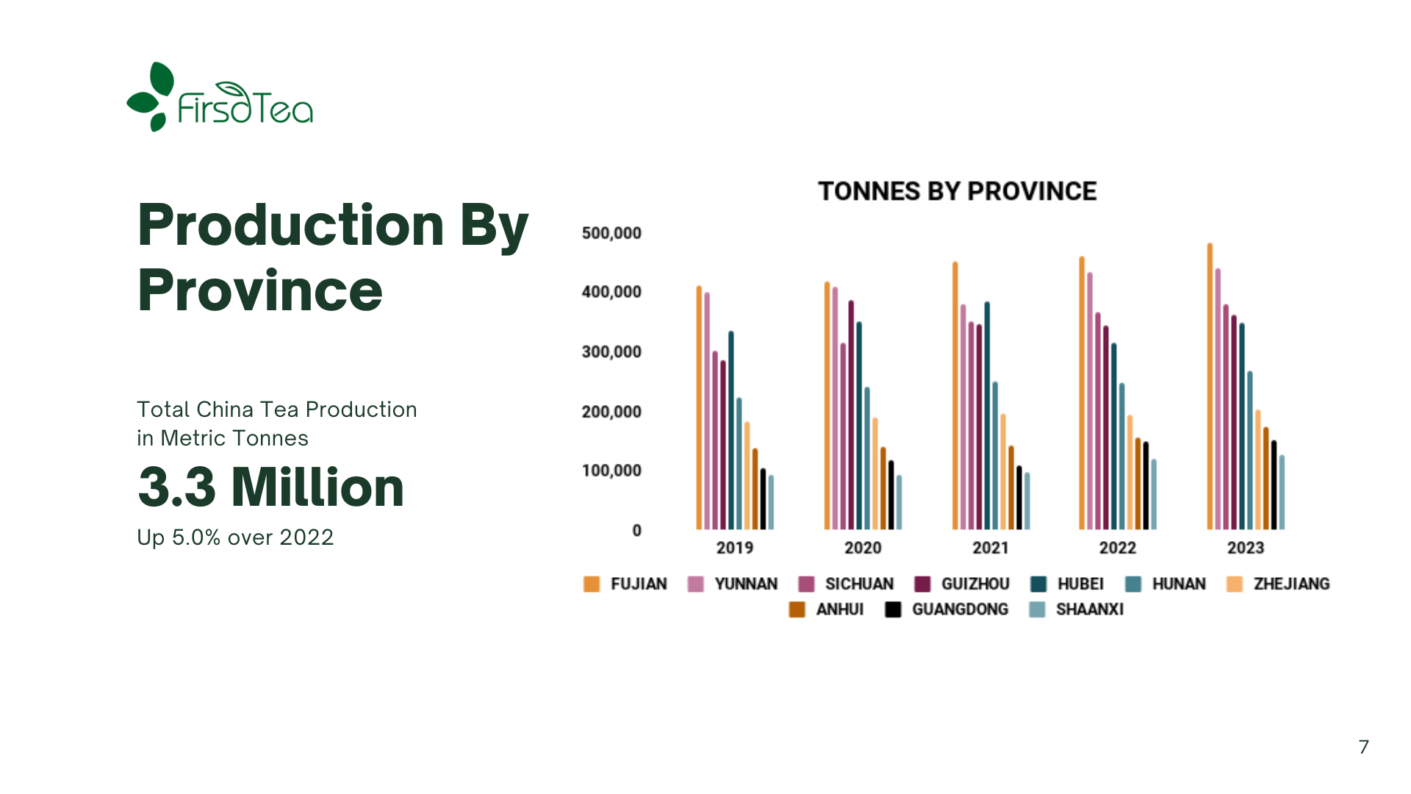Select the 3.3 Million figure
[270, 487]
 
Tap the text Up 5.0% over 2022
[235, 537]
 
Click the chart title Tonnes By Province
[957, 191]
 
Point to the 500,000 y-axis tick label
[611, 233]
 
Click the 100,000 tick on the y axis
[611, 471]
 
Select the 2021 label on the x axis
[990, 548]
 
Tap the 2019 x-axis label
[734, 548]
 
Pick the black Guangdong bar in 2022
[1146, 485]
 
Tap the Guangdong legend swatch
[893, 609]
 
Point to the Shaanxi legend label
[1089, 609]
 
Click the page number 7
[1363, 747]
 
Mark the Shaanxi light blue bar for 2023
[1282, 493]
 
